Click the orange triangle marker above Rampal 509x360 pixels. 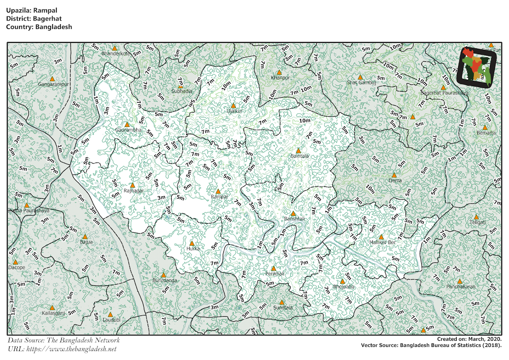[218, 191]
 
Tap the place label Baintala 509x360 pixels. [299, 156]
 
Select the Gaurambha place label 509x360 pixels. [128, 130]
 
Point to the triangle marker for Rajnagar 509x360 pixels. [132, 186]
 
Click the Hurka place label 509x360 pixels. [193, 248]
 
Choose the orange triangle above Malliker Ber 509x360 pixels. [381, 237]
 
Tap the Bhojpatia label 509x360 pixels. [344, 287]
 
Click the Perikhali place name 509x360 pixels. [274, 274]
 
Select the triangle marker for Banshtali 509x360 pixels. [293, 213]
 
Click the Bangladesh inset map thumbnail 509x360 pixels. [476, 67]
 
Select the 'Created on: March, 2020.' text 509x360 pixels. [470, 339]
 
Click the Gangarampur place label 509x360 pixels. [53, 84]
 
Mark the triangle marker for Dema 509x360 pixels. [394, 175]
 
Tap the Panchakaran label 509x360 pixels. [461, 287]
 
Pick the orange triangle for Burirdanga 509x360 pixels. [163, 275]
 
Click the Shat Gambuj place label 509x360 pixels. [361, 83]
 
